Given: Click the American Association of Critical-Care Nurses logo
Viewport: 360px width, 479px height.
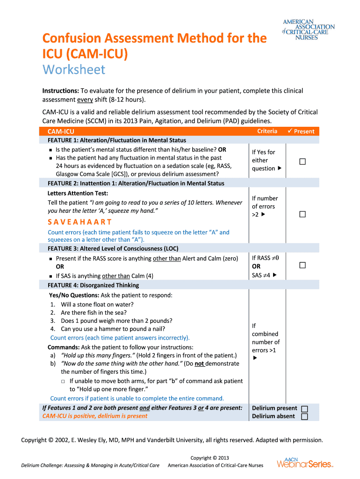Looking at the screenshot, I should click(x=308, y=29).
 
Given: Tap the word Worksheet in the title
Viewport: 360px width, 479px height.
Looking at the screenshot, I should click(x=74, y=70).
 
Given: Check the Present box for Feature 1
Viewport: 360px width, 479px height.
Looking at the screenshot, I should click(x=302, y=161).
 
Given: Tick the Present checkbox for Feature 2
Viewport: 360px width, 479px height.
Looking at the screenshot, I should click(x=302, y=214).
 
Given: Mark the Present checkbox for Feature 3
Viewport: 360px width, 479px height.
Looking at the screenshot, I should click(x=302, y=265).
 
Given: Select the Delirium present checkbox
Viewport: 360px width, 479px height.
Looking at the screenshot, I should click(x=305, y=408).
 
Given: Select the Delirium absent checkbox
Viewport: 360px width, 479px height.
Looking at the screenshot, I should click(x=305, y=416).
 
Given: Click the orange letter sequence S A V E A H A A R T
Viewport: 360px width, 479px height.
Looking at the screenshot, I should click(x=79, y=222).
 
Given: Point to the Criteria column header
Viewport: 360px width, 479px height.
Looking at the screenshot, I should click(x=267, y=131).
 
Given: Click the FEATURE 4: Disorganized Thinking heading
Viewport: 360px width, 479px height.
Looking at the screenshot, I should click(x=93, y=285).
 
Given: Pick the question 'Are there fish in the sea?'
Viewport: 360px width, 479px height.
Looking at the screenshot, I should click(x=94, y=312).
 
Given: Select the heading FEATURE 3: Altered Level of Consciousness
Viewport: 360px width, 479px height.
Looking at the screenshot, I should click(x=113, y=248).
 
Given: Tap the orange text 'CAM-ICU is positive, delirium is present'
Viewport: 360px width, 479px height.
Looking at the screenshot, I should click(x=95, y=416).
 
